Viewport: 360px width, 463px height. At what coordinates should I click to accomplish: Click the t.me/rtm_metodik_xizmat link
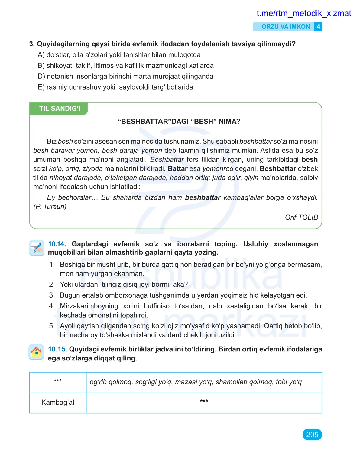303,13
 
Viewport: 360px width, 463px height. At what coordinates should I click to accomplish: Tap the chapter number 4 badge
318,27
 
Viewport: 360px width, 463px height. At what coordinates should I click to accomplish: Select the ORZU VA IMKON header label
285,27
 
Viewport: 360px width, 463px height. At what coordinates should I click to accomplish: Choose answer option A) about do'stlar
119,55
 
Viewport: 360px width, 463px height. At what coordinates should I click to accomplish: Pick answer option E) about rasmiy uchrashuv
115,87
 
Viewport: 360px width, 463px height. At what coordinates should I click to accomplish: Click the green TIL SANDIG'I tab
59,109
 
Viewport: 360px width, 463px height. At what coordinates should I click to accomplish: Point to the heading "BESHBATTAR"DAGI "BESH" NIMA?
179,122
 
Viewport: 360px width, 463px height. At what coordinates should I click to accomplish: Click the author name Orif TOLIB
301,217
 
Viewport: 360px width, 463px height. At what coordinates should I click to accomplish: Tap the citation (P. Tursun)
50,207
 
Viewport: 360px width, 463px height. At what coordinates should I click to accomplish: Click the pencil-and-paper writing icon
37,248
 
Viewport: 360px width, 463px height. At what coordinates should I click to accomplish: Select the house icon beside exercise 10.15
36,352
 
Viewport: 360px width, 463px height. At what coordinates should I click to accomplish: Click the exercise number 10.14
57,244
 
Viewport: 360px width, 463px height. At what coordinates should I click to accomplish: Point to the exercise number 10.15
57,349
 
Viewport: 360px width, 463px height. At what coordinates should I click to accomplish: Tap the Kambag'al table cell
58,403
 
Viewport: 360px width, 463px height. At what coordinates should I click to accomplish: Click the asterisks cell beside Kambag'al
204,402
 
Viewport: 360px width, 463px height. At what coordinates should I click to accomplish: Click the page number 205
312,435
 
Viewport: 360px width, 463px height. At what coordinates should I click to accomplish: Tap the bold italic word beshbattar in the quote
203,197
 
